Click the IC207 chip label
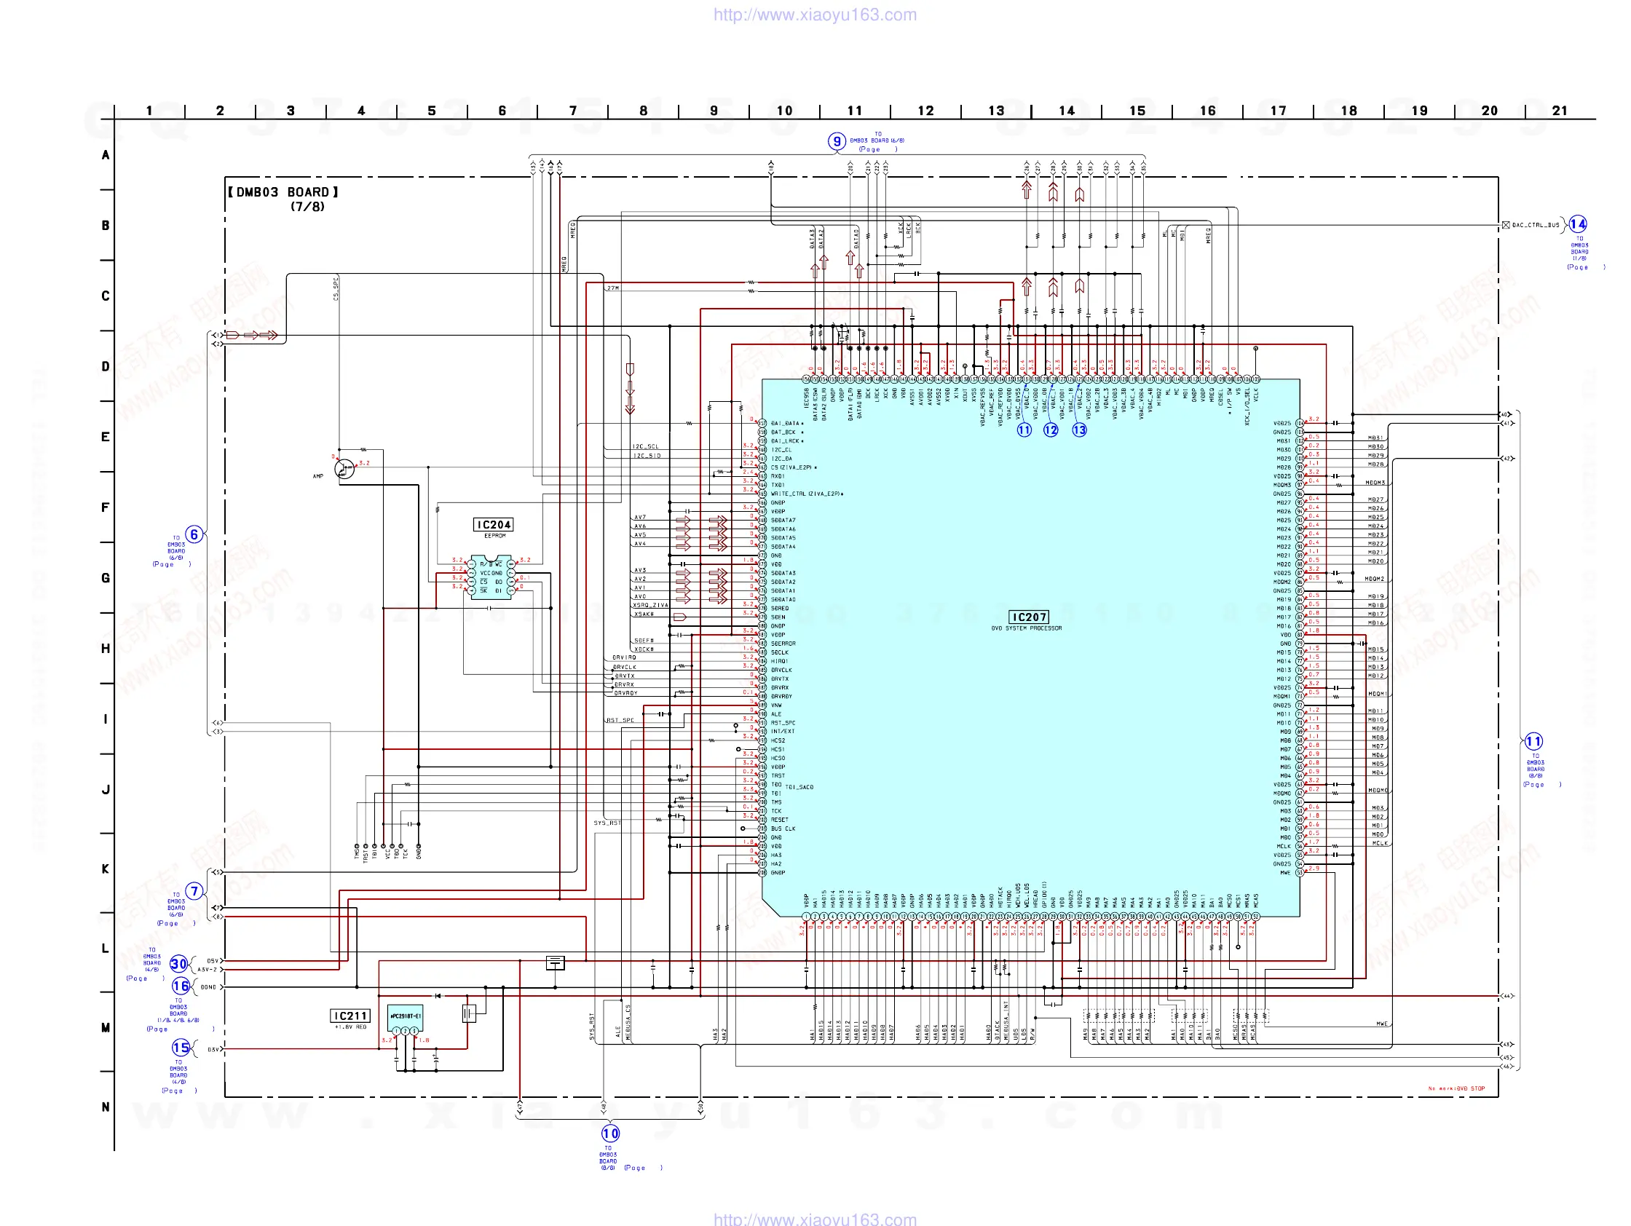[x=1029, y=617]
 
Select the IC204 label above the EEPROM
[x=493, y=525]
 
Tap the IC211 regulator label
[x=349, y=1016]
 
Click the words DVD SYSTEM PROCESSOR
[x=1027, y=629]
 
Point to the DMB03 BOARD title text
[x=284, y=192]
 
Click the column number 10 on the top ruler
[x=783, y=111]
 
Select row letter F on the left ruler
[x=106, y=507]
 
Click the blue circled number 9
[x=836, y=141]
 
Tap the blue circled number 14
[x=1577, y=224]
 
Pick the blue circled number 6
[x=194, y=534]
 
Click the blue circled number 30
[x=179, y=964]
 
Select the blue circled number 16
[x=181, y=986]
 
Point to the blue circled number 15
[x=181, y=1048]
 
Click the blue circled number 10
[x=610, y=1133]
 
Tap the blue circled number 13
[x=1079, y=430]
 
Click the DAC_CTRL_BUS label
[x=1535, y=225]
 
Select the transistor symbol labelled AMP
[x=344, y=469]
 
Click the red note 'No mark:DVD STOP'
[x=1456, y=1088]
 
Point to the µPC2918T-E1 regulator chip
[x=405, y=1018]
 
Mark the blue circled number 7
[x=194, y=891]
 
